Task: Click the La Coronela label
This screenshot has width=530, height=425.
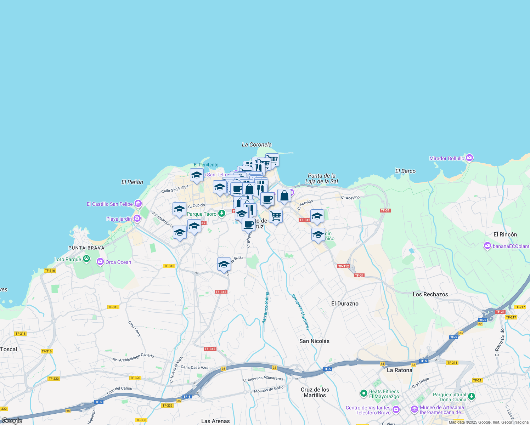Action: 256,144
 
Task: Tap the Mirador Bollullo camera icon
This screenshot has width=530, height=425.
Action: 469,158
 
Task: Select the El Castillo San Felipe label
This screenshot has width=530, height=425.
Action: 110,204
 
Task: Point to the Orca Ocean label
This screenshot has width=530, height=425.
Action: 118,262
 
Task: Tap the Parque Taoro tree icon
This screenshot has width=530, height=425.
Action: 222,214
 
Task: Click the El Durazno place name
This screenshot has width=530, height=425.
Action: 345,304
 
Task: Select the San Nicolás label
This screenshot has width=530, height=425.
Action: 314,341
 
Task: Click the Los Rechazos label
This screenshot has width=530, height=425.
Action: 430,294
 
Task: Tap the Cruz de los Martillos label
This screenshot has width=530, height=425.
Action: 315,392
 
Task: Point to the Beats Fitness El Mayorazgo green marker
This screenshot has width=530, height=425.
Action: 363,393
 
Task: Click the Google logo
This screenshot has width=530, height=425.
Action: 12,421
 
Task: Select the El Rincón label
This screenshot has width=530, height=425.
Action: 505,234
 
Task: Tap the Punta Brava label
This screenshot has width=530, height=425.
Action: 86,248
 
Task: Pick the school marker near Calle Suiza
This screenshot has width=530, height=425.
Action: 224,265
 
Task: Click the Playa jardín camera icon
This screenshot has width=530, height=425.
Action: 137,219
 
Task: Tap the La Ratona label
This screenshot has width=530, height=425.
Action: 399,370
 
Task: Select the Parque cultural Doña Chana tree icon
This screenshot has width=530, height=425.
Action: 471,396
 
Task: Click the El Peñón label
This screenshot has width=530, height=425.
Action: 132,182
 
